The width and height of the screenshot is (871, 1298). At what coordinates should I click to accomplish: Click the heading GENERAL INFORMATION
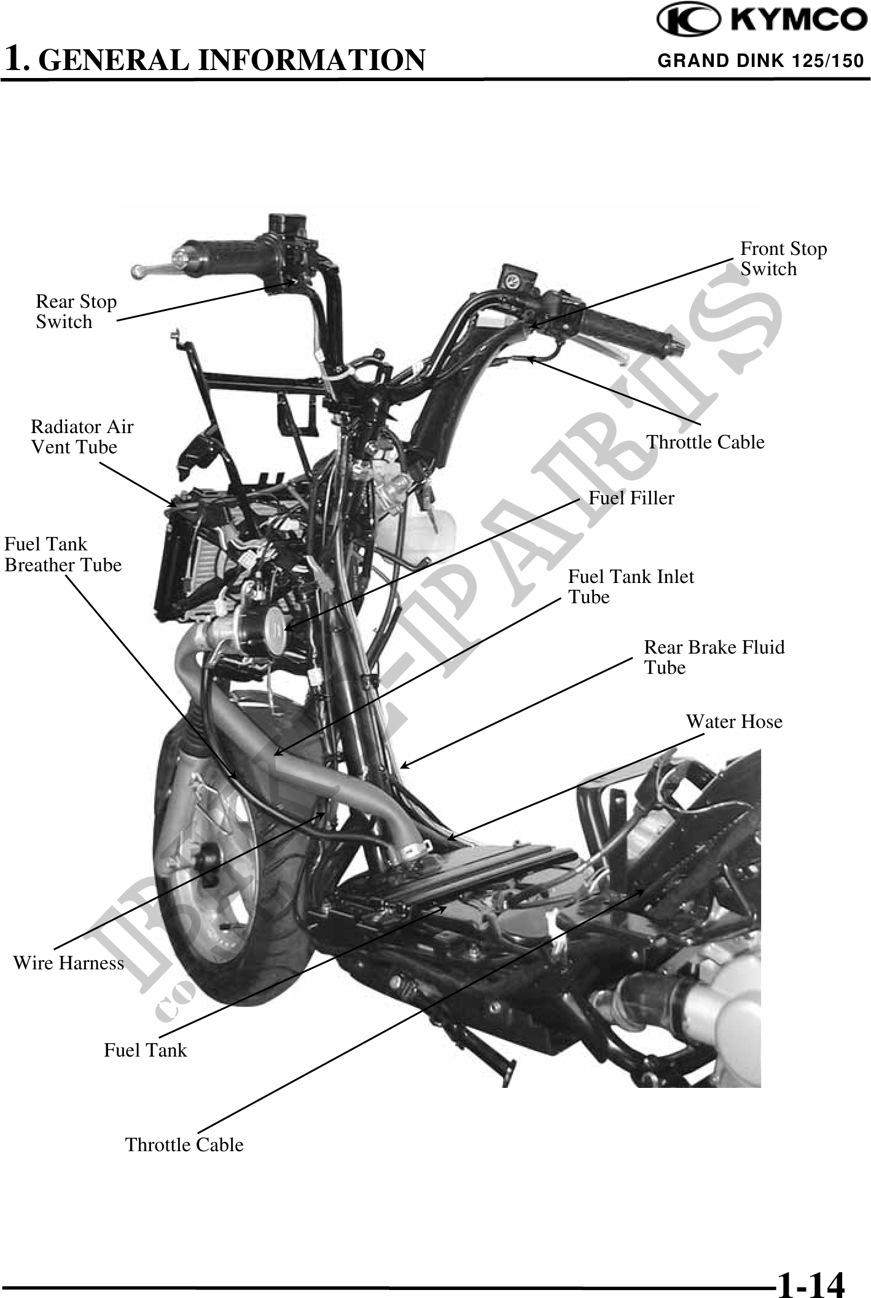tap(214, 60)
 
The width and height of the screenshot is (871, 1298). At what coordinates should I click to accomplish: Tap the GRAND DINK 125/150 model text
tap(760, 61)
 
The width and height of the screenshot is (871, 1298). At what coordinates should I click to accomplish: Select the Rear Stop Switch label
tap(76, 311)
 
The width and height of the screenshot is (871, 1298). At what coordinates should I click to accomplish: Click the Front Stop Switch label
tap(783, 259)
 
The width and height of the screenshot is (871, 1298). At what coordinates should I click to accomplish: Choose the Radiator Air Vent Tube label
tap(82, 437)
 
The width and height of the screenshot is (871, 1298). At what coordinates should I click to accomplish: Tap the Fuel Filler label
tap(631, 498)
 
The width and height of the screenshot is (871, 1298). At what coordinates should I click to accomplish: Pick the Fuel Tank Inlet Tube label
tap(630, 587)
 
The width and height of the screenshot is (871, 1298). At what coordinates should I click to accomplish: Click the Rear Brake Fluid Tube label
tap(714, 657)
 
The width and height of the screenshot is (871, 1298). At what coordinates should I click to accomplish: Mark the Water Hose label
tap(734, 721)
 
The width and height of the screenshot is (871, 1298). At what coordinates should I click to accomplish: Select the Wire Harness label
tap(68, 963)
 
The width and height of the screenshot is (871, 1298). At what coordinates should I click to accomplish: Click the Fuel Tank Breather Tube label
tap(63, 554)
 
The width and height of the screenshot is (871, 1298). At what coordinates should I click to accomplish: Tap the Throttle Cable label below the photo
tap(184, 1145)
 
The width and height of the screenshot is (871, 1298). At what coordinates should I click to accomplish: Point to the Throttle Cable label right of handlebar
tap(705, 442)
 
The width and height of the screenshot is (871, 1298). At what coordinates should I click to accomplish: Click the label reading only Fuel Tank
tap(145, 1050)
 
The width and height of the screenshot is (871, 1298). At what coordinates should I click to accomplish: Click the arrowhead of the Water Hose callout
tap(450, 838)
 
